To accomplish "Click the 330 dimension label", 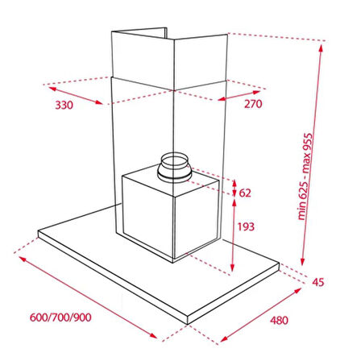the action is (x=64, y=105).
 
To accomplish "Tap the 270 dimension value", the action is (x=253, y=104).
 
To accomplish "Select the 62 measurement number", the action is (x=245, y=193).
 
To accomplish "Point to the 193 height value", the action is (x=246, y=226).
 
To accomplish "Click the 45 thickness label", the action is (x=318, y=282).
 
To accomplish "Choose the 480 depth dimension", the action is (x=280, y=320).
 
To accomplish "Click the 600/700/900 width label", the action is (x=60, y=317).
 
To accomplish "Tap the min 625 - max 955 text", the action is (x=305, y=176).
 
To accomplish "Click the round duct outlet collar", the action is (x=174, y=168).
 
